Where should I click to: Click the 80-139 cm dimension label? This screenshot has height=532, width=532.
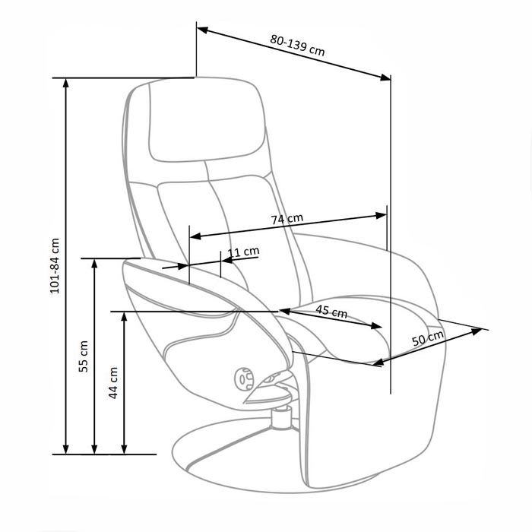click(298, 45)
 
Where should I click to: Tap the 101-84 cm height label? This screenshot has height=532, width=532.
click(55, 266)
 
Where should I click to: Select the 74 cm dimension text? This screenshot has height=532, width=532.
click(287, 219)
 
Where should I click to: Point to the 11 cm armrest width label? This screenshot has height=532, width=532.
click(244, 252)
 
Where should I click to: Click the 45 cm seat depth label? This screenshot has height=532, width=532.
click(331, 311)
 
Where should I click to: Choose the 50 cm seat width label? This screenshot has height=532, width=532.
click(428, 338)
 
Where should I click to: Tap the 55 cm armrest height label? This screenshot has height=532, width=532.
click(84, 356)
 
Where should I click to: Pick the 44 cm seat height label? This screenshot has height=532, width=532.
click(113, 383)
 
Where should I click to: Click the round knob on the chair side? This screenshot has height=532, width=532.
click(244, 378)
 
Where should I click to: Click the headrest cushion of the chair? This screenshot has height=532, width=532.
click(207, 120)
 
